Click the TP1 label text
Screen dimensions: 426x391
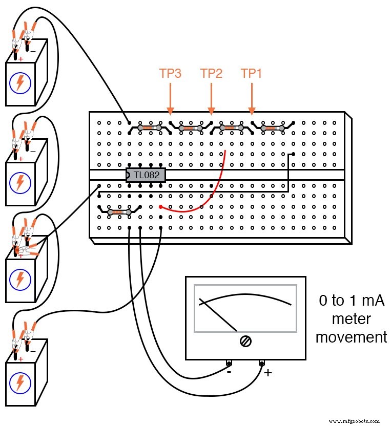[252, 74]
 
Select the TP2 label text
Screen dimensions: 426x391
[211, 74]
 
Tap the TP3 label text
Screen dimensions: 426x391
[170, 74]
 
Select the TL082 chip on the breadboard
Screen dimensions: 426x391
[146, 175]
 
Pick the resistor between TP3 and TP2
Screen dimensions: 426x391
[190, 128]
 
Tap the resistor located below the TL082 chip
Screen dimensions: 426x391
[119, 211]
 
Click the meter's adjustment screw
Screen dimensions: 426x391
[245, 342]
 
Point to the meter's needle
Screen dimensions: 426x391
[218, 315]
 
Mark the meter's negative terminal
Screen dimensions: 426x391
[229, 364]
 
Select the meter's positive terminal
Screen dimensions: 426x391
[262, 364]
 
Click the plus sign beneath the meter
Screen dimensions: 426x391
[267, 373]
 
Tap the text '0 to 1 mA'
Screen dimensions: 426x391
[351, 301]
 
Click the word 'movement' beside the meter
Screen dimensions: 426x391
[351, 337]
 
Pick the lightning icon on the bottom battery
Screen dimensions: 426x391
[20, 381]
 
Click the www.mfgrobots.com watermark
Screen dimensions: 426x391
[354, 420]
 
